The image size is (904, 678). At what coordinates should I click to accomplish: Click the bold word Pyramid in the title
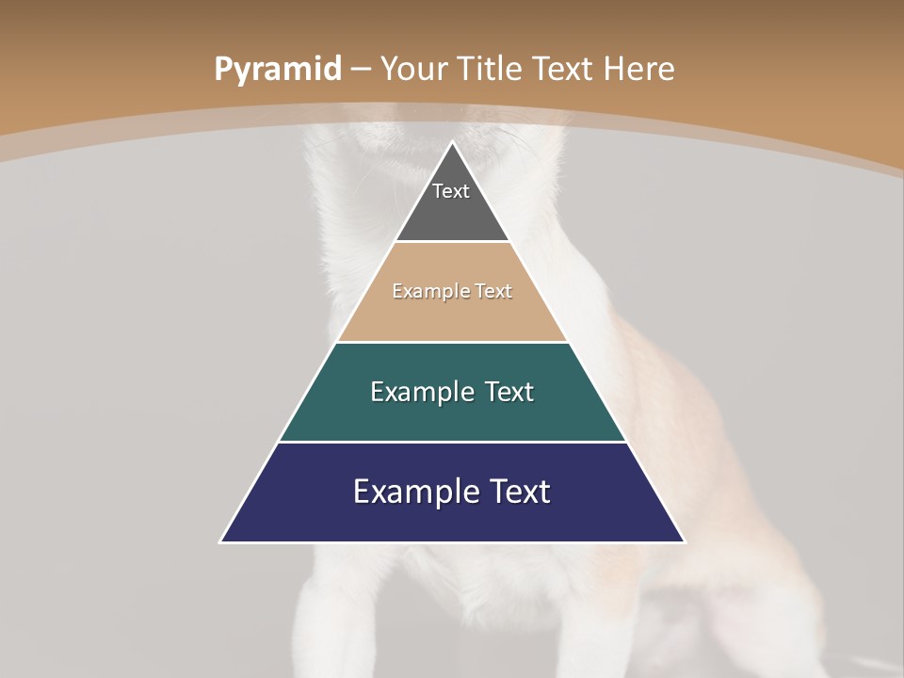point(278,70)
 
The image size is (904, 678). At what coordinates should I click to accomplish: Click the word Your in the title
point(412,69)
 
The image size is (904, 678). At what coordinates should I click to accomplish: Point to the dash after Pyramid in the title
point(361,70)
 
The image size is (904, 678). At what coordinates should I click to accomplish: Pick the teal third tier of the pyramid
point(452,414)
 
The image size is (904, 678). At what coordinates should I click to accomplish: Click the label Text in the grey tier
point(451,191)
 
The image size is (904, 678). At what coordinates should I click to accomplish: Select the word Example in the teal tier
point(420,392)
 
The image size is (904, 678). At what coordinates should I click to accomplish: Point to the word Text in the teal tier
point(508,392)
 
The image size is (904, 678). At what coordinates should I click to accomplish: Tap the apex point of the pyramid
point(452,143)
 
